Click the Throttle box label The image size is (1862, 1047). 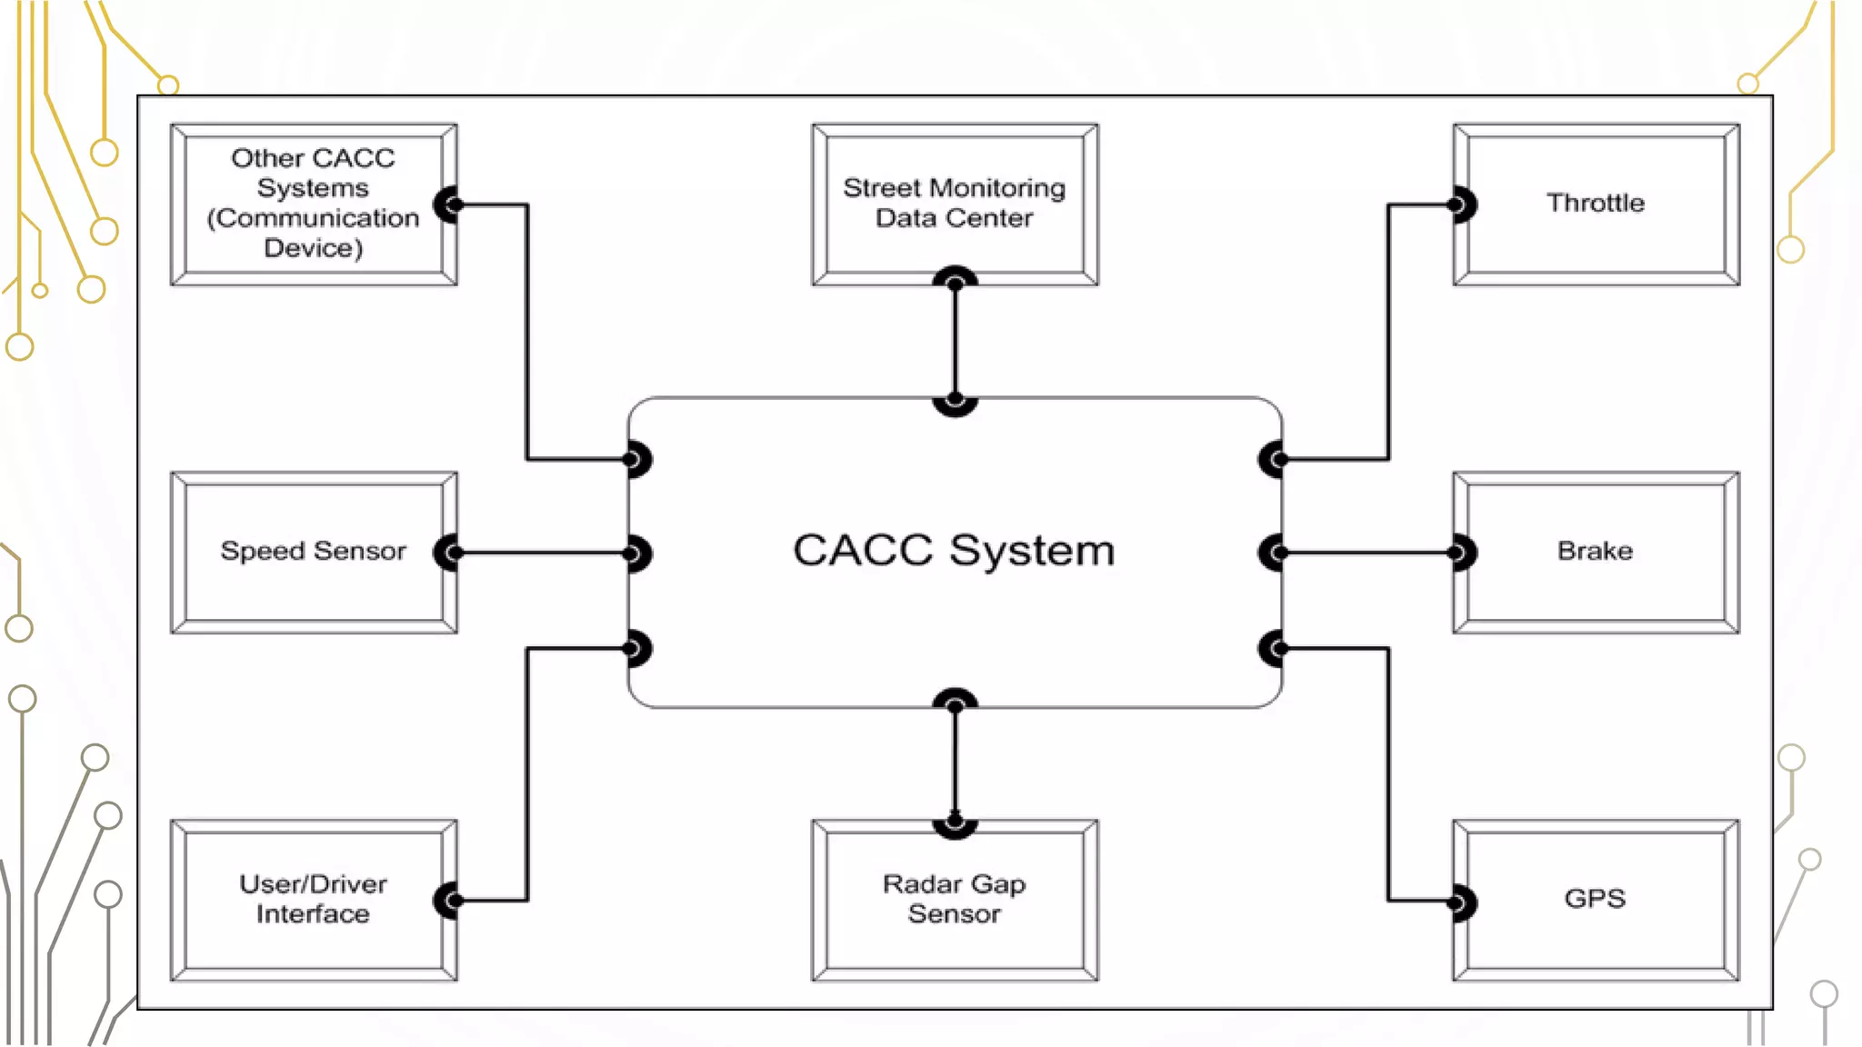(1596, 203)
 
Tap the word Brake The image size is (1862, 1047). (1595, 551)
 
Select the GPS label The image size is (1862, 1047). (1595, 899)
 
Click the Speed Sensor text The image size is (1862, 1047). (313, 551)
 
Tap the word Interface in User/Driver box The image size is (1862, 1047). (313, 913)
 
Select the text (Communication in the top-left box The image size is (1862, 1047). (313, 218)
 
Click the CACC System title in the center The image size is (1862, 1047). (954, 550)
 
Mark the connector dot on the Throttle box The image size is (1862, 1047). (1458, 204)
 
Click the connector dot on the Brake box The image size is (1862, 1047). (1458, 553)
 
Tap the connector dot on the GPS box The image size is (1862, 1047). (1458, 902)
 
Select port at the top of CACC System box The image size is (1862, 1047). (955, 400)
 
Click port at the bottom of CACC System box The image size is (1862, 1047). (955, 703)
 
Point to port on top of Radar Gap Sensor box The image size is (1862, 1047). (955, 822)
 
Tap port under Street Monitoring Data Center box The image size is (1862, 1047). (955, 282)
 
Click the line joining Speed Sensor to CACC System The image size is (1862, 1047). (542, 553)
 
